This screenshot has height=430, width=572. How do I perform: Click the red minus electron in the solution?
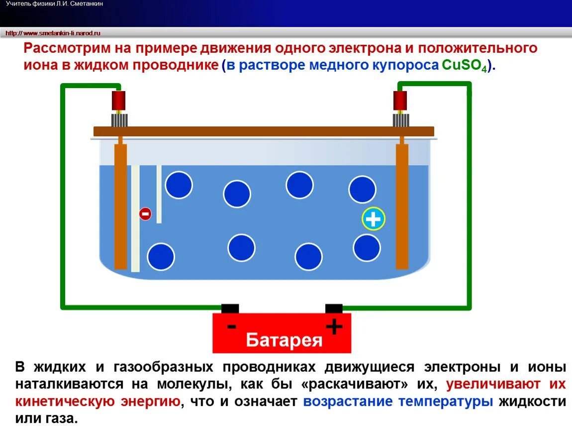click(x=145, y=214)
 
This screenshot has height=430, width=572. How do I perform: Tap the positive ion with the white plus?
click(x=373, y=219)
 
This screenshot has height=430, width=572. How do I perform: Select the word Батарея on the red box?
click(x=284, y=340)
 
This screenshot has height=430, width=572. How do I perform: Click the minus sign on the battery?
click(x=231, y=327)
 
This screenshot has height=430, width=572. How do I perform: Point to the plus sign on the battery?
click(x=334, y=327)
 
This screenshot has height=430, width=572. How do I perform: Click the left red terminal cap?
click(x=118, y=101)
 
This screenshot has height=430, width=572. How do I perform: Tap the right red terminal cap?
click(x=400, y=101)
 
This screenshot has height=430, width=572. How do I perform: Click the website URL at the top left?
click(x=53, y=33)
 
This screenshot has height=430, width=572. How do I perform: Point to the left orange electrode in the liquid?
click(x=120, y=207)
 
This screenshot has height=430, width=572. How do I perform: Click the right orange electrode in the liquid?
click(x=402, y=207)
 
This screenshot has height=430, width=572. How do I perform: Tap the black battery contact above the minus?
click(x=230, y=309)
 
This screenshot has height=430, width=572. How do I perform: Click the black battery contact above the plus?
click(x=334, y=309)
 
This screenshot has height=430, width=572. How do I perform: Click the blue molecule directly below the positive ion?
click(x=367, y=247)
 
